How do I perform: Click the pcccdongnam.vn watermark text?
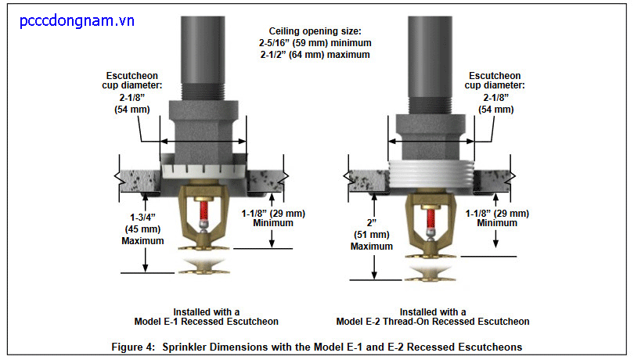pos(77,21)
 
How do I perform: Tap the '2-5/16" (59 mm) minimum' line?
pos(315,43)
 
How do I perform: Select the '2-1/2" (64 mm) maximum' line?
pos(315,55)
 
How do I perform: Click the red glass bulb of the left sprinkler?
pos(204,211)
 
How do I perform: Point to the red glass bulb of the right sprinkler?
pos(431,219)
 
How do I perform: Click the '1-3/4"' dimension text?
pos(142,218)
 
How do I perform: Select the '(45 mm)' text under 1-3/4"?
pos(142,229)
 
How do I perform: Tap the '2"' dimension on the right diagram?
pos(371,223)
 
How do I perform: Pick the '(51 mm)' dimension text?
pos(372,235)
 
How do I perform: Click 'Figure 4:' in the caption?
pos(133,347)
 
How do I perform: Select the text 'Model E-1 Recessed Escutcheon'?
pos(206,322)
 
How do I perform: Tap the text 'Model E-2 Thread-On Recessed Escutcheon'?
pos(433,322)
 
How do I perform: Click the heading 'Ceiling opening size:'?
pos(315,31)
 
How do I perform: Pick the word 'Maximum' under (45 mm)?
pos(142,241)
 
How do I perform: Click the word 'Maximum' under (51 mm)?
pos(372,247)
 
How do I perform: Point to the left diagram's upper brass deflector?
pos(204,247)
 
